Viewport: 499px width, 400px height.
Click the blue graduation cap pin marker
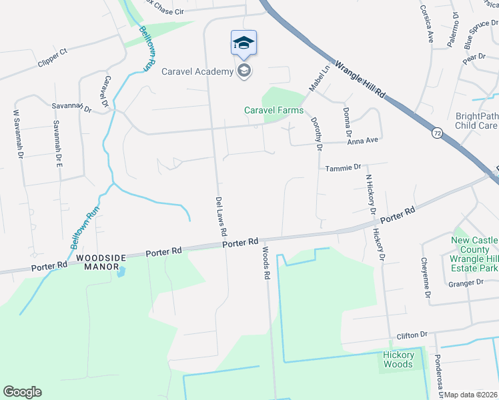243,44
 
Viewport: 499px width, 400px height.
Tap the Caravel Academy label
198,71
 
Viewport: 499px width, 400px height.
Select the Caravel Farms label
274,110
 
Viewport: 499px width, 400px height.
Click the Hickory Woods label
398,359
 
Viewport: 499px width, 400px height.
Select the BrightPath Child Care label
476,121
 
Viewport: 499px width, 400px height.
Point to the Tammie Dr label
343,167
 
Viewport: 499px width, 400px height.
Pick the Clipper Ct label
54,51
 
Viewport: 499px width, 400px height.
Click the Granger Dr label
466,282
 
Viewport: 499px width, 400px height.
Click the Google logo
22,392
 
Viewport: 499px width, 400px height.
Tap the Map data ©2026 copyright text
470,395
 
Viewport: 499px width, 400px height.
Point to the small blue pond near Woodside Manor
121,271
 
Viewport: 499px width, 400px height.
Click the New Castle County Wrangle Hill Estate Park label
474,254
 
